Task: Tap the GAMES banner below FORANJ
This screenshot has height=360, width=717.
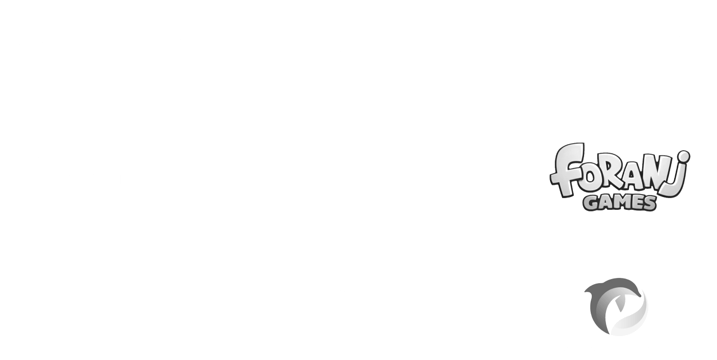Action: tap(619, 203)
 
